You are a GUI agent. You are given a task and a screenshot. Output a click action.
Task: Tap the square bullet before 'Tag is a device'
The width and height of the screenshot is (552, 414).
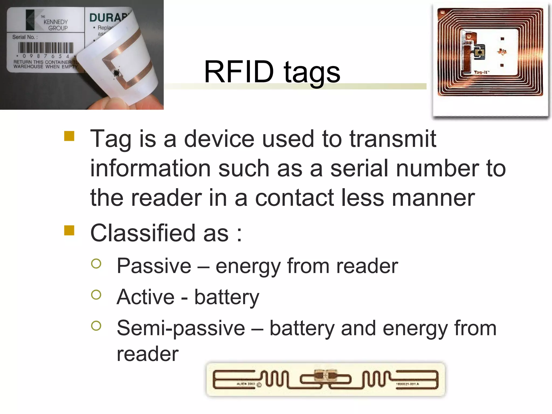point(69,136)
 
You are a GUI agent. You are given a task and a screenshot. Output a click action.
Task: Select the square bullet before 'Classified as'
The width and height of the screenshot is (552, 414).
point(69,230)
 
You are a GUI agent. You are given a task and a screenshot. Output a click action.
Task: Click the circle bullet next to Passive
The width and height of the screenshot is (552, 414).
point(96,264)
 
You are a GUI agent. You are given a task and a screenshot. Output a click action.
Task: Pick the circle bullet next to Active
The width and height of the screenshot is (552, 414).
point(96,295)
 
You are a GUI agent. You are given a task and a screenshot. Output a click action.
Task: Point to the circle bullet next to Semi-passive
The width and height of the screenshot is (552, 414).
point(96,326)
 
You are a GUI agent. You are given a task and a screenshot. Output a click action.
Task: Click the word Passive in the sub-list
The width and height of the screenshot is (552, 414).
point(154,266)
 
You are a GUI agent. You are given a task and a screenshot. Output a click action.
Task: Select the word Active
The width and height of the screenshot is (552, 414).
point(146,297)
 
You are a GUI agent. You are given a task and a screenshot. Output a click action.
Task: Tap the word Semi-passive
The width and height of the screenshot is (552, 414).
point(181,328)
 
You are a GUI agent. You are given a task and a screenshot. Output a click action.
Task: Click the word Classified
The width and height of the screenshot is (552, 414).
point(143,233)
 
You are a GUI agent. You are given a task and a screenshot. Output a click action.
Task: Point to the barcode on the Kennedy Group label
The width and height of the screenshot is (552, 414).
point(46,48)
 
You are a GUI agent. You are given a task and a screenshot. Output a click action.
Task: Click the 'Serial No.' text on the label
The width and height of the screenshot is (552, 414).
point(25,37)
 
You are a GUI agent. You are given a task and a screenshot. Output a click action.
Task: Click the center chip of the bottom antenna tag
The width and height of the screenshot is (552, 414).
point(325,375)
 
